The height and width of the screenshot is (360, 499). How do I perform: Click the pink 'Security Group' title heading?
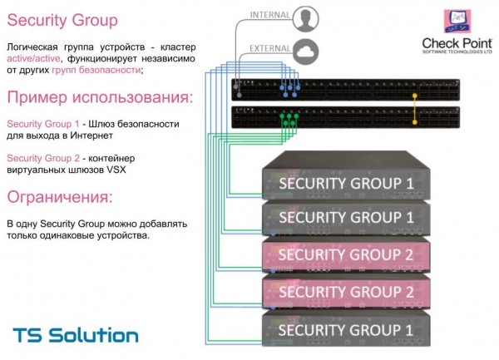click(x=62, y=20)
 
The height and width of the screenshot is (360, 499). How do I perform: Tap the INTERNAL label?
click(x=270, y=14)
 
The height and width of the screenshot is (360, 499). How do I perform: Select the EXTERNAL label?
click(x=270, y=49)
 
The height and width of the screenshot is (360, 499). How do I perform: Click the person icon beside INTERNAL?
click(x=308, y=17)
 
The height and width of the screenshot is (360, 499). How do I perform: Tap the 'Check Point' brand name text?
click(x=457, y=42)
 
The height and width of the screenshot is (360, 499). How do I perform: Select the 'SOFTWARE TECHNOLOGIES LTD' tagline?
click(x=457, y=52)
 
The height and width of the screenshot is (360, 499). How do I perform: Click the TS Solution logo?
click(x=76, y=335)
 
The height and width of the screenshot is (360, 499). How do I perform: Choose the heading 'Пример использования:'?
click(x=99, y=98)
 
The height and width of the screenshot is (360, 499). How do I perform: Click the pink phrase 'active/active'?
click(x=32, y=58)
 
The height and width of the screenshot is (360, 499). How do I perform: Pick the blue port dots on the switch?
click(x=288, y=86)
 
